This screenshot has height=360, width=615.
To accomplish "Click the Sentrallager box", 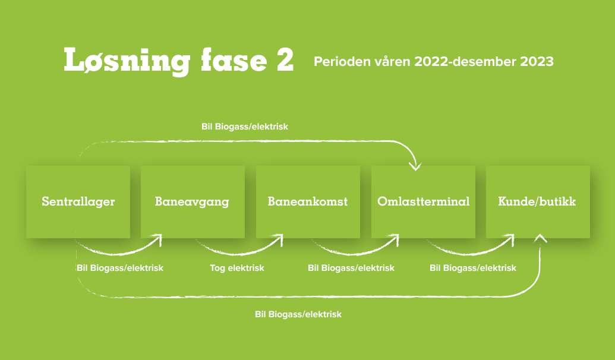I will pyautogui.click(x=78, y=202).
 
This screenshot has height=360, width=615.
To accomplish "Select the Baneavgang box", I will pyautogui.click(x=192, y=202).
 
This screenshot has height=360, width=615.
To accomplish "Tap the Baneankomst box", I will pyautogui.click(x=307, y=202).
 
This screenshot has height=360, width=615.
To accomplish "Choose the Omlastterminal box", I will pyautogui.click(x=423, y=202).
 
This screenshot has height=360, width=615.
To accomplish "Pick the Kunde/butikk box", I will pyautogui.click(x=537, y=202).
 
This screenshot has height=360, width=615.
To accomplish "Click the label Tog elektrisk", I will pyautogui.click(x=237, y=268).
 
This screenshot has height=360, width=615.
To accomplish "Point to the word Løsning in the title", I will pyautogui.click(x=127, y=61).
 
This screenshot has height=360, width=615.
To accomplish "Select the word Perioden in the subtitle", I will pyautogui.click(x=340, y=61).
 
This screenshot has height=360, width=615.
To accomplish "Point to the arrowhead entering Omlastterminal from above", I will pyautogui.click(x=415, y=165).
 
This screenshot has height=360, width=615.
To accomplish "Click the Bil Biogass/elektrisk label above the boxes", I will pyautogui.click(x=245, y=127).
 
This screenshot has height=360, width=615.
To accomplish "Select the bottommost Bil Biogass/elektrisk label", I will pyautogui.click(x=298, y=314).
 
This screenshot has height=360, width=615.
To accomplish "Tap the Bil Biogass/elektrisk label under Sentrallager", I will pyautogui.click(x=120, y=268).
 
